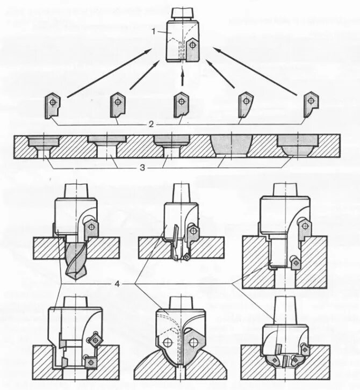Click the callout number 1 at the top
click(x=154, y=31)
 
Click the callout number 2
click(x=152, y=124)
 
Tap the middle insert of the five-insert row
click(x=181, y=104)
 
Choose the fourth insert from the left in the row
click(x=246, y=105)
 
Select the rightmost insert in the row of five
click(x=311, y=104)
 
